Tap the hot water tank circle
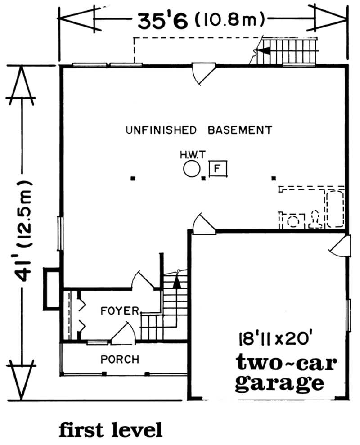tap(191, 170)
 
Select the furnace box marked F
tap(218, 169)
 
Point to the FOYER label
tap(119, 311)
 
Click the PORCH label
tap(120, 360)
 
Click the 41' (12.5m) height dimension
tap(22, 232)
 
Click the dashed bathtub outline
tap(335, 210)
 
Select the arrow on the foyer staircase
tap(176, 282)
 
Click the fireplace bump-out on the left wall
tap(51, 289)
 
